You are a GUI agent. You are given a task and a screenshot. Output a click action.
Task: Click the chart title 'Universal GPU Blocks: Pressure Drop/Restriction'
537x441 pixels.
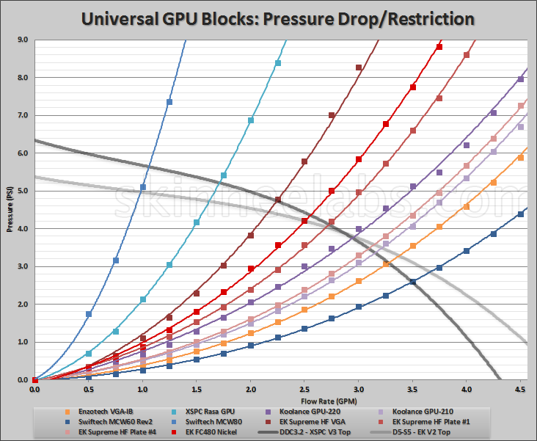[x=268, y=18]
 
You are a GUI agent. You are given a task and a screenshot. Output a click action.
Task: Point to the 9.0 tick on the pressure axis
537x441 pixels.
[x=22, y=40]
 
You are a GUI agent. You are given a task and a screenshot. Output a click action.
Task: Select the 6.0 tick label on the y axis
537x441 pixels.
[x=22, y=153]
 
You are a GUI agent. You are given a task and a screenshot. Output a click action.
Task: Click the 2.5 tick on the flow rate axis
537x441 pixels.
[x=304, y=390]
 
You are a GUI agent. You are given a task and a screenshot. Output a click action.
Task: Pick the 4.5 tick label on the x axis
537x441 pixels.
[x=520, y=390]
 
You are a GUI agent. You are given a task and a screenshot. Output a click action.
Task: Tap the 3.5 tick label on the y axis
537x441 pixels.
[x=22, y=248]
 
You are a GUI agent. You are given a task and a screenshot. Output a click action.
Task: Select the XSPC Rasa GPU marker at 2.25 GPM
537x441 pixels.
[x=277, y=63]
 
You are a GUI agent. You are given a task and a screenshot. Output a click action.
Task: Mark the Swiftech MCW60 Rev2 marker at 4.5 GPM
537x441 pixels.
[x=520, y=214]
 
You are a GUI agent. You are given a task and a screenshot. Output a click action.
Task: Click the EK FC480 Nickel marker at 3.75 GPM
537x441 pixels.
[x=439, y=47]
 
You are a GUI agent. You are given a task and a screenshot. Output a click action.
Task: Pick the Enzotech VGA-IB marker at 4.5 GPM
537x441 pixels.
[x=520, y=158]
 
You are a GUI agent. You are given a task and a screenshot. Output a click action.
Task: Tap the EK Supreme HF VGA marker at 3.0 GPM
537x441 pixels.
[x=359, y=68]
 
